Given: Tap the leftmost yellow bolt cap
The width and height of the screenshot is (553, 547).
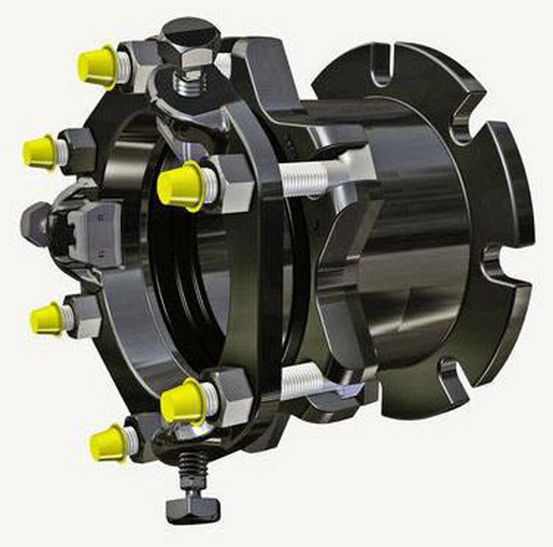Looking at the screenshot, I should (39, 151).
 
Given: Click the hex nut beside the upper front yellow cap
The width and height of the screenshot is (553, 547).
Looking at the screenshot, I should (232, 183).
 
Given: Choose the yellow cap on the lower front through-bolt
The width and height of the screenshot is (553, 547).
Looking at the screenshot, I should (183, 402).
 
